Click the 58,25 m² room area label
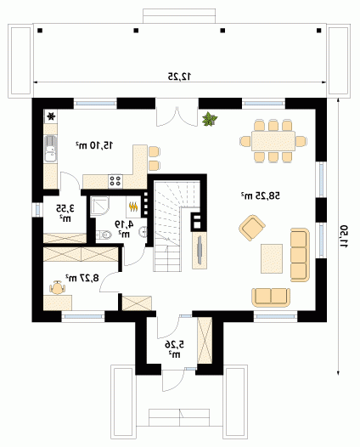coord(261,195)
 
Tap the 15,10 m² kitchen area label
coord(94,145)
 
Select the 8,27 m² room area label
coord(82,277)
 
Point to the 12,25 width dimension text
coord(179,76)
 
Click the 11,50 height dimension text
coord(345,236)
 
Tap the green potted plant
coord(210,119)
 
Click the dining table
coord(273,141)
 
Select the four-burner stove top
coord(115,181)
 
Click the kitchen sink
coord(51,149)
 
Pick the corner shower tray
coord(99,206)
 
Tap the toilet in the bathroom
coord(103,235)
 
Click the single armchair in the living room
coord(252,228)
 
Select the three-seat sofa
coord(300,255)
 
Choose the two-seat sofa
coord(271,297)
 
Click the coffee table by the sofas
coord(272,258)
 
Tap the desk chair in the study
coord(57,287)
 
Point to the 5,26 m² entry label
coord(174,349)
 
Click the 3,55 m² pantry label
coord(65,213)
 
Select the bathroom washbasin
coord(143,231)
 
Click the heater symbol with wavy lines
coord(133,207)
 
